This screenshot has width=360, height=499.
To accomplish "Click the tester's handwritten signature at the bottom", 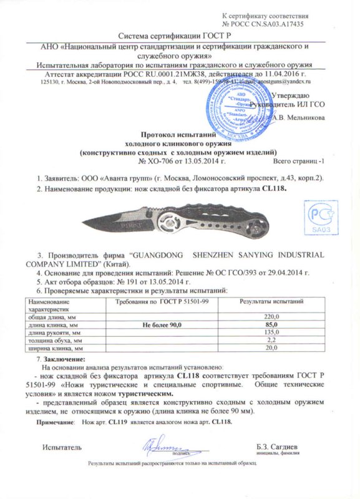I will pyautogui.click(x=158, y=445).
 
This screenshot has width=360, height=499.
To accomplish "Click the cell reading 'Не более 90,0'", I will pyautogui.click(x=163, y=325).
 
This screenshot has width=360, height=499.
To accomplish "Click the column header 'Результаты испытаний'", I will pyautogui.click(x=272, y=302).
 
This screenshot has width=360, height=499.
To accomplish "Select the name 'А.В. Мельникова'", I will pyautogui.click(x=298, y=117).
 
